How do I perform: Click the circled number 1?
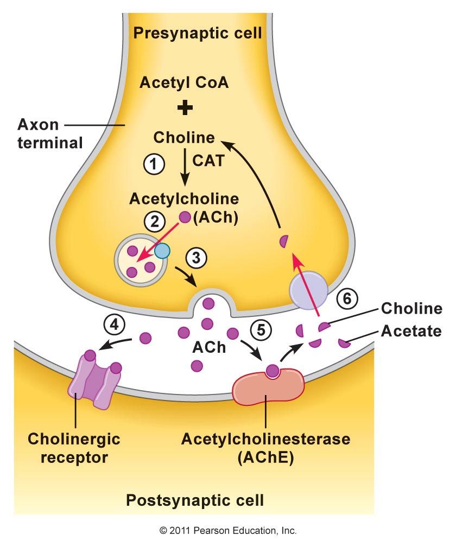click(154, 164)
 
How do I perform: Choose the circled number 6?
click(348, 298)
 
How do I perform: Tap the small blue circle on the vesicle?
click(162, 250)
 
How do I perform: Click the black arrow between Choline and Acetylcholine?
click(186, 168)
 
